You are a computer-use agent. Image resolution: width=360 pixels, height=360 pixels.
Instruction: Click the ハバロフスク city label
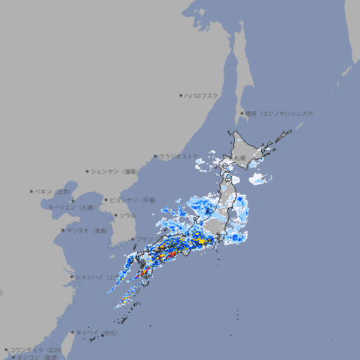(x=202, y=95)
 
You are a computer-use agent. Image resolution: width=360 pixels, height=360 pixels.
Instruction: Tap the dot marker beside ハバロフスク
(x=181, y=95)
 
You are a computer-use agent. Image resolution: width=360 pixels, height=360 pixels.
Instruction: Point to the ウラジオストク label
(x=179, y=156)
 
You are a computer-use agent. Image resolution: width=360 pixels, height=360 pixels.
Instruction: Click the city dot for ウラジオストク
(x=155, y=157)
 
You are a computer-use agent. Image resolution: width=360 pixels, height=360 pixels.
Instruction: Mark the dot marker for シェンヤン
(x=88, y=171)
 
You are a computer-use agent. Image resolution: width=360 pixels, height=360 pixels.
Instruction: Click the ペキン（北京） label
(x=54, y=191)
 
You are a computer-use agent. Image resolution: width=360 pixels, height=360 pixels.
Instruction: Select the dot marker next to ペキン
(x=32, y=191)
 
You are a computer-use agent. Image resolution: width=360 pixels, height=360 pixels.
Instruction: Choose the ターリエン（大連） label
(x=71, y=207)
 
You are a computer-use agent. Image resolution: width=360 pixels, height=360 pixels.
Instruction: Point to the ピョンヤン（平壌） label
(x=134, y=200)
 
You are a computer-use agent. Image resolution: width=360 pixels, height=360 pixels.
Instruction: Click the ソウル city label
(x=127, y=215)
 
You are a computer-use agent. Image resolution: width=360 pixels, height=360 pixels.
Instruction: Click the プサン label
(x=143, y=240)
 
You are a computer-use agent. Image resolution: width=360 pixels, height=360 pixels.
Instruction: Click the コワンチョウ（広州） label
(x=36, y=349)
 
